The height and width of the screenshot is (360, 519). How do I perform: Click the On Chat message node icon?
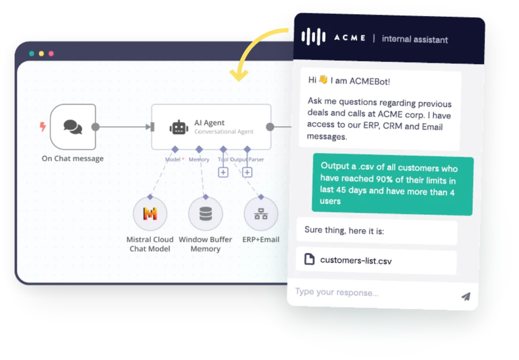73,127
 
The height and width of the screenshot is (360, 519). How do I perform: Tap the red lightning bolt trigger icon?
43,127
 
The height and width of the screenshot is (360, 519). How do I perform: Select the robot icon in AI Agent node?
179,127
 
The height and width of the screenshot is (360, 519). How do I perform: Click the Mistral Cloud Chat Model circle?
150,213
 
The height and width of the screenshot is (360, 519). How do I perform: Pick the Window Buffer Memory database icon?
206,213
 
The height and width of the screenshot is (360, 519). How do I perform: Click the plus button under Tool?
223,172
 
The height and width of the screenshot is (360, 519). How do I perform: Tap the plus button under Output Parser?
247,172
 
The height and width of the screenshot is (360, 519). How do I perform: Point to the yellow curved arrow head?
239,75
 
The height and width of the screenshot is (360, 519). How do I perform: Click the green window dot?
32,54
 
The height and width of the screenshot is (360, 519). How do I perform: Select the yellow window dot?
42,54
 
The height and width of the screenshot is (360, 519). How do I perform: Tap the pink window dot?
51,54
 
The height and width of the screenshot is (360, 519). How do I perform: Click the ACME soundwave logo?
313,37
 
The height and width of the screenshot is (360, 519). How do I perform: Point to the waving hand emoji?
323,80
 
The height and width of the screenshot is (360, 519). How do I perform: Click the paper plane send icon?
466,296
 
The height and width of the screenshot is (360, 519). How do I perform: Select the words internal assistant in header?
415,40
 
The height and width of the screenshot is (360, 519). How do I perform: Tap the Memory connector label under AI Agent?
199,159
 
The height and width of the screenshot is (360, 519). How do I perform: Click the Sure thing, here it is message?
344,230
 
